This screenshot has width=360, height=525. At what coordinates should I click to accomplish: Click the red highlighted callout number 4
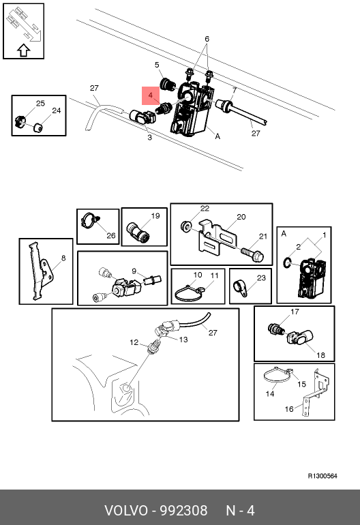[151, 95]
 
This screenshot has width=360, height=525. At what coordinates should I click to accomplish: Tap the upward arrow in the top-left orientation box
[23, 50]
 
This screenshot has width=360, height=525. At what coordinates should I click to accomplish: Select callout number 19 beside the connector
[155, 216]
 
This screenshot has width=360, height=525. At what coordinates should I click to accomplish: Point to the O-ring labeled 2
[287, 262]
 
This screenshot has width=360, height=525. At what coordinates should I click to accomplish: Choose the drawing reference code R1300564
[322, 476]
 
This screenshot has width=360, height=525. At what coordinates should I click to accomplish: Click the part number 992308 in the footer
[183, 511]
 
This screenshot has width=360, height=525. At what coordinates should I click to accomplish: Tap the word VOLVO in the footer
[125, 511]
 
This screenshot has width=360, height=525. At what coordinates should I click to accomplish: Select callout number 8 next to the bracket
[63, 258]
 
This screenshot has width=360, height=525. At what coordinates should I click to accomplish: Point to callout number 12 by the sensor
[134, 342]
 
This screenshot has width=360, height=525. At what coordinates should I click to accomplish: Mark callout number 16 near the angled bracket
[289, 409]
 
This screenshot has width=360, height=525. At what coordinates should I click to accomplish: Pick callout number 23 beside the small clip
[261, 278]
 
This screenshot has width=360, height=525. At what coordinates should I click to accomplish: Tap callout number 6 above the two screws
[207, 39]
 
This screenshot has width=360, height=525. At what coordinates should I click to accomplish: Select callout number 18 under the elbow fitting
[320, 355]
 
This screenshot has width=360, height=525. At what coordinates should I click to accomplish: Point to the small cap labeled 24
[38, 127]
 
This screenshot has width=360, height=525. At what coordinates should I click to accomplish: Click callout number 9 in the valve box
[134, 271]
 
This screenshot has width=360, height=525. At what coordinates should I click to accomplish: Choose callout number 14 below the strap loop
[270, 394]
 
